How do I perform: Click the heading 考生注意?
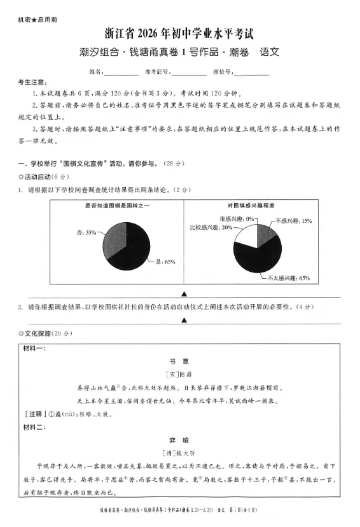(32, 83)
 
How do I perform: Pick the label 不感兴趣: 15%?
(293, 221)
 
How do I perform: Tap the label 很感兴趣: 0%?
(237, 219)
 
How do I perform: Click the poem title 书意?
(180, 360)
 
